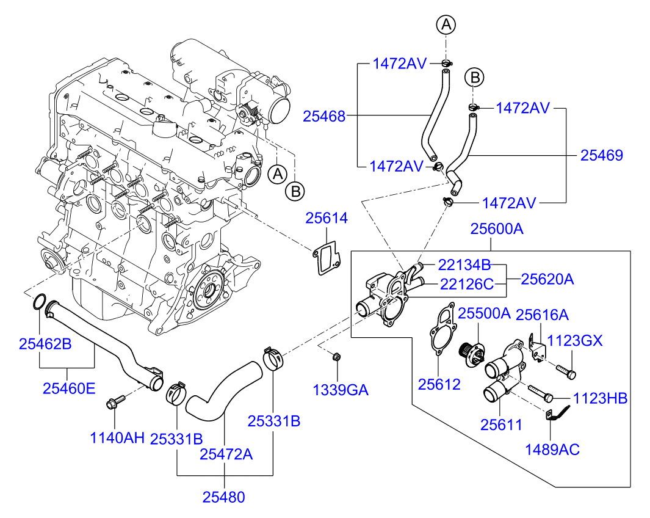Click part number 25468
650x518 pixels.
(x=323, y=116)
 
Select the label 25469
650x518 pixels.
(x=602, y=155)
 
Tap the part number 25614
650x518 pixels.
(x=327, y=218)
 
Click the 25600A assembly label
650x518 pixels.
(x=497, y=228)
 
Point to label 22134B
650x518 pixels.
(x=464, y=264)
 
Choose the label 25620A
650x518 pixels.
(x=547, y=279)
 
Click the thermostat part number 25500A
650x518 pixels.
(x=484, y=313)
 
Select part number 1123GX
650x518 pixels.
(x=574, y=340)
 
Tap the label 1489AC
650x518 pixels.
(x=552, y=450)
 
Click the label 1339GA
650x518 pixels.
(x=341, y=390)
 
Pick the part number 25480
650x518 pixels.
(x=223, y=497)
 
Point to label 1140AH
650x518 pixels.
(x=117, y=437)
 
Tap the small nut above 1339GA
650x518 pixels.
(x=336, y=356)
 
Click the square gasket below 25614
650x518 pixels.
(x=327, y=259)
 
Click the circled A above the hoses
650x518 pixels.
(x=446, y=24)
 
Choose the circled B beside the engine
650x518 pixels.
(x=295, y=192)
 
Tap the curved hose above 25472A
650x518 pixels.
(x=224, y=391)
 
